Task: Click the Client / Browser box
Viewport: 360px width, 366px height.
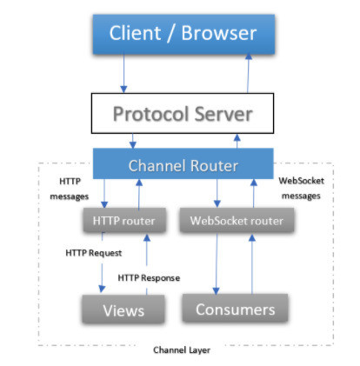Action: click(x=183, y=34)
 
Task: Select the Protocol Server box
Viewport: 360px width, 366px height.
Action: click(x=183, y=113)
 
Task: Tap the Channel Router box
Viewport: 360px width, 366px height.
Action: click(x=183, y=163)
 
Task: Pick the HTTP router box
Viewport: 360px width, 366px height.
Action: click(x=124, y=220)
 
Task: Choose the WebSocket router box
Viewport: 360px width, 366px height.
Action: click(x=237, y=220)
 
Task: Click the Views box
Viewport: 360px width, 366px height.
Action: click(x=123, y=309)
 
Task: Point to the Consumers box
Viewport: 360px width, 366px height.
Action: click(x=235, y=308)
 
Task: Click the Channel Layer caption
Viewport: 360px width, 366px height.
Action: click(x=182, y=350)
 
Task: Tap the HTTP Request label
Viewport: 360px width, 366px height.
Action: click(x=94, y=253)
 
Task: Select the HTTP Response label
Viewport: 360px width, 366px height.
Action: click(x=149, y=278)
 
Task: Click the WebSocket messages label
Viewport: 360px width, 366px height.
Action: click(x=302, y=189)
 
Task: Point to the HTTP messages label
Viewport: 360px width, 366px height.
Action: click(x=70, y=189)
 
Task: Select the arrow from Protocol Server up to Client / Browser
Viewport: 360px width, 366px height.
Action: click(x=248, y=74)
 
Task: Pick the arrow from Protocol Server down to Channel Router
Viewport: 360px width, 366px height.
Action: click(x=133, y=141)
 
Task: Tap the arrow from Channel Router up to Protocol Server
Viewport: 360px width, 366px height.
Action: click(x=237, y=141)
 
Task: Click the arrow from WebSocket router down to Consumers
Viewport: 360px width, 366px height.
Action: click(x=217, y=263)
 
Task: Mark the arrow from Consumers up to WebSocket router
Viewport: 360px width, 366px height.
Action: click(x=252, y=263)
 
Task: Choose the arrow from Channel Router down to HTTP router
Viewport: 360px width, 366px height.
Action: click(x=104, y=193)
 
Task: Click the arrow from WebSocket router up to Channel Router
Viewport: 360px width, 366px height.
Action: click(x=254, y=193)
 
